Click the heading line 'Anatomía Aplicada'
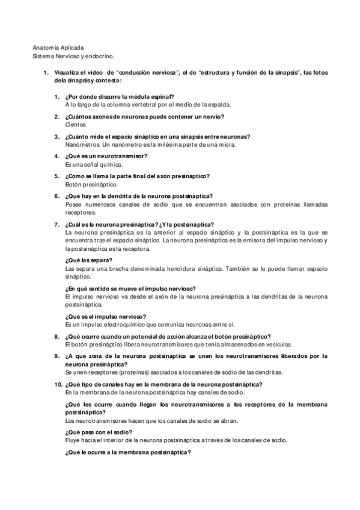coord(58,47)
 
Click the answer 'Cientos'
coord(75,124)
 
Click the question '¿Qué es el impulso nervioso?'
coord(106,316)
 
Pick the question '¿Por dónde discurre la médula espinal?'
coord(119,96)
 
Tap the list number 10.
coord(58,384)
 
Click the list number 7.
coord(56,224)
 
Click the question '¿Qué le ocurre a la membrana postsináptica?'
coord(127,452)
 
